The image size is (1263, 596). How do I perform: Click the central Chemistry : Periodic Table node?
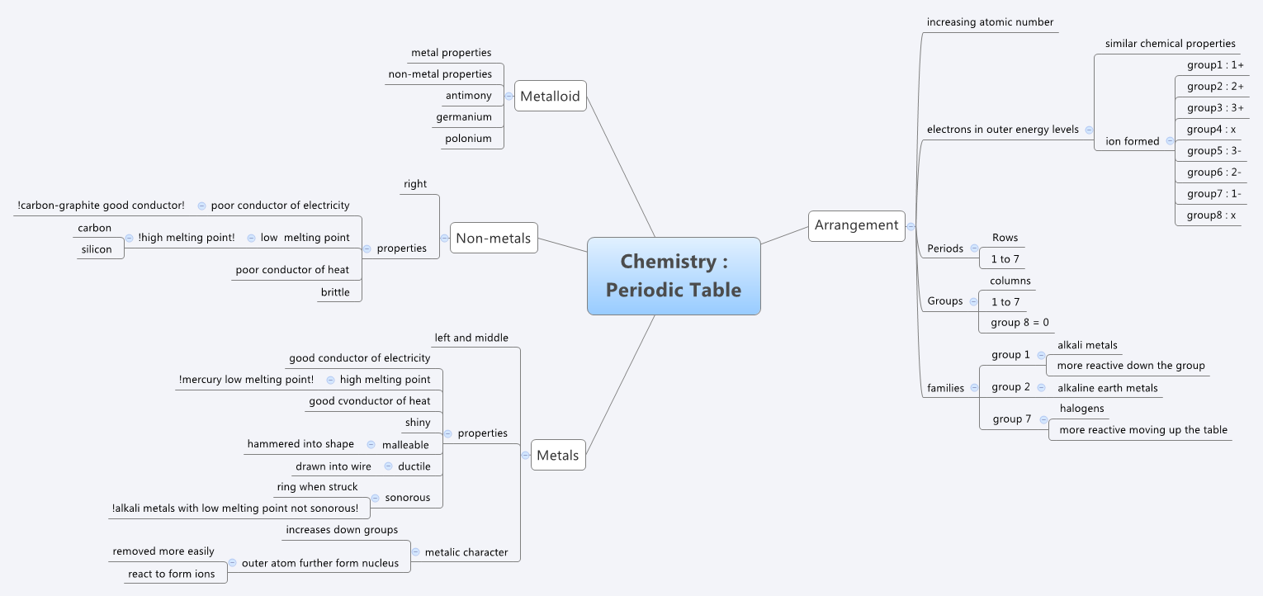click(x=674, y=276)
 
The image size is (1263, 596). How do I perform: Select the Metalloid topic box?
click(x=550, y=96)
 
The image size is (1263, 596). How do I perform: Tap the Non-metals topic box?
click(x=494, y=238)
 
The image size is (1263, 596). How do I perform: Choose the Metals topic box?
click(x=557, y=455)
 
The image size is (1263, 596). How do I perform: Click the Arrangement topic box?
click(x=856, y=225)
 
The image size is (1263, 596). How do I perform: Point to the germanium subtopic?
click(x=463, y=117)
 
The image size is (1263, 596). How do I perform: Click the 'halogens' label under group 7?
click(x=1081, y=409)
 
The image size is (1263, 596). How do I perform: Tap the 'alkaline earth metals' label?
click(x=1107, y=388)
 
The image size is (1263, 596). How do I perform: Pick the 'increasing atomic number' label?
click(x=990, y=22)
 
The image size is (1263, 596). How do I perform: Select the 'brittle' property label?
click(x=335, y=292)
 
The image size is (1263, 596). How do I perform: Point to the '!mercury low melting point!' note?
click(x=246, y=380)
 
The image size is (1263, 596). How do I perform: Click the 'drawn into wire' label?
click(x=333, y=466)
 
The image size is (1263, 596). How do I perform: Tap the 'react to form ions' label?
click(x=171, y=574)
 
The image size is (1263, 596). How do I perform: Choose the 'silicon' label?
click(x=96, y=249)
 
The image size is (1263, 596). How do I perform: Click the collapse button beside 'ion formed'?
click(x=1170, y=141)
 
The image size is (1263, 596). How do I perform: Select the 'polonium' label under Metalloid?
click(x=468, y=139)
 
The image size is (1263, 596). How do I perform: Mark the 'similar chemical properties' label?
click(x=1170, y=44)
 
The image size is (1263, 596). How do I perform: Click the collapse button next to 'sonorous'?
click(x=376, y=498)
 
